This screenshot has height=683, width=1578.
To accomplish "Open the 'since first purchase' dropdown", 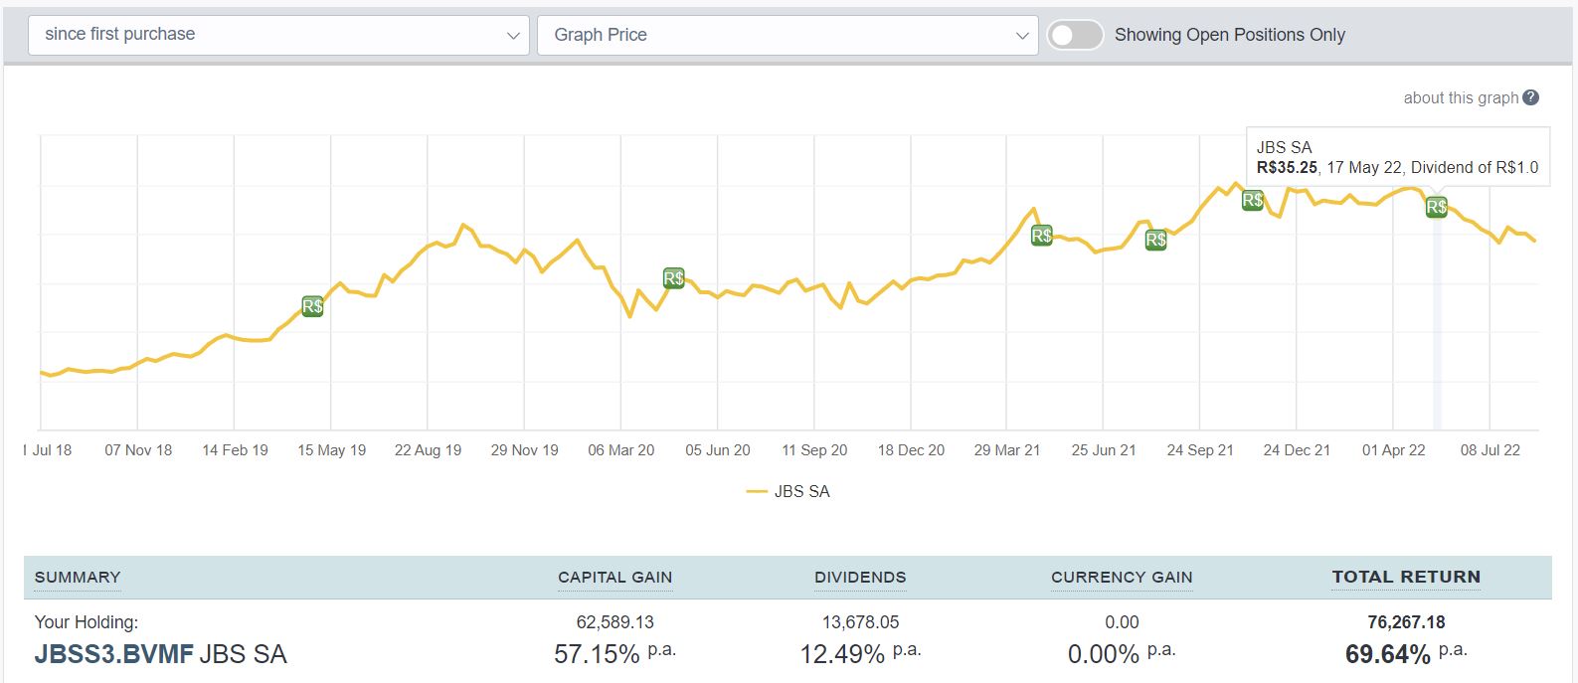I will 277,35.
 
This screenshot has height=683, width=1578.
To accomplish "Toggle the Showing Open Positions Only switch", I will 1075,35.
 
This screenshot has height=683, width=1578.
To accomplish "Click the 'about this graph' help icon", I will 1531,97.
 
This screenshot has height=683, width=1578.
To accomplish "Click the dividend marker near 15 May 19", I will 312,306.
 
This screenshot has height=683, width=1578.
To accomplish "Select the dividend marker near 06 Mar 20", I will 673,278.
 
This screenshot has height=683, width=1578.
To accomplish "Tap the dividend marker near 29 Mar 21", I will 1041,236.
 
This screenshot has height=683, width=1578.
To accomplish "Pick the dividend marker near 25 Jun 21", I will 1155,240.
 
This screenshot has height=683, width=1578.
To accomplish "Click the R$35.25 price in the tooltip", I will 1287,168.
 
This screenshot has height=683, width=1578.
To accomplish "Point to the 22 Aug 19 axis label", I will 428,450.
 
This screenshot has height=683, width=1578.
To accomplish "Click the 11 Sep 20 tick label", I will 814,450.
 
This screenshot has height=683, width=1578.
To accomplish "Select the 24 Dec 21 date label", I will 1297,450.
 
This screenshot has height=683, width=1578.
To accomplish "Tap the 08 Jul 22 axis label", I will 1490,450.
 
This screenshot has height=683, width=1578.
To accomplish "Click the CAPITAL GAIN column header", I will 614,577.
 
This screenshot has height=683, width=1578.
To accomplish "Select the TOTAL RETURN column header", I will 1406,577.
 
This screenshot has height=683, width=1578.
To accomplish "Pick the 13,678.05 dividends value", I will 860,622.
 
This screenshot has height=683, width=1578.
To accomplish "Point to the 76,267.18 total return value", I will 1406,622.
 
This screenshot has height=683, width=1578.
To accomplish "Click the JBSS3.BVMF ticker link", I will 113,654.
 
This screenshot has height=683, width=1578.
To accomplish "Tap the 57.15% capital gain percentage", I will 597,654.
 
